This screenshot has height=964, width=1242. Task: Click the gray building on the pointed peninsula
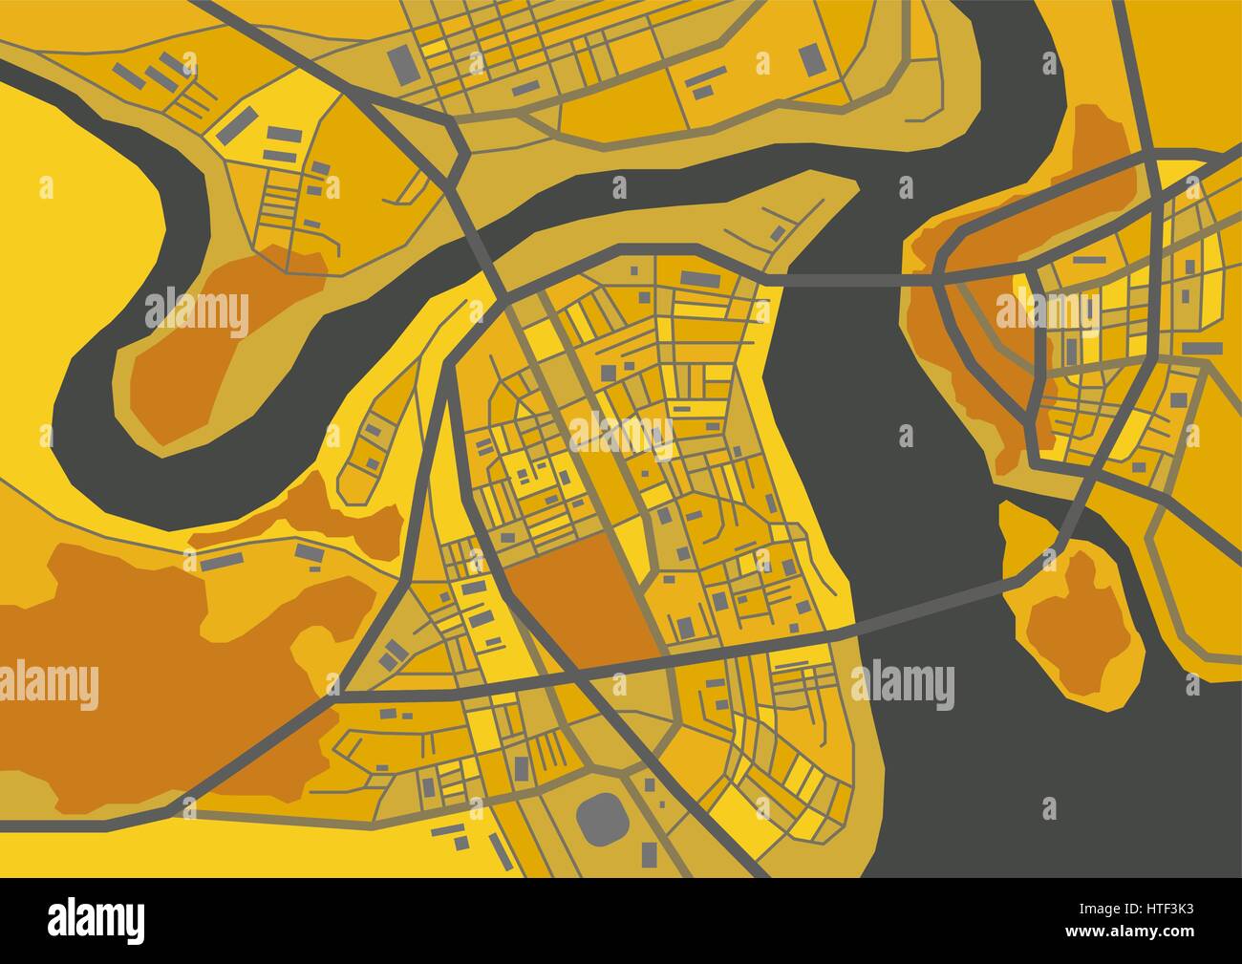779,232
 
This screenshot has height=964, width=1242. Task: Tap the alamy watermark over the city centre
622,434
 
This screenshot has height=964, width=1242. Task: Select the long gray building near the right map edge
1203,348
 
